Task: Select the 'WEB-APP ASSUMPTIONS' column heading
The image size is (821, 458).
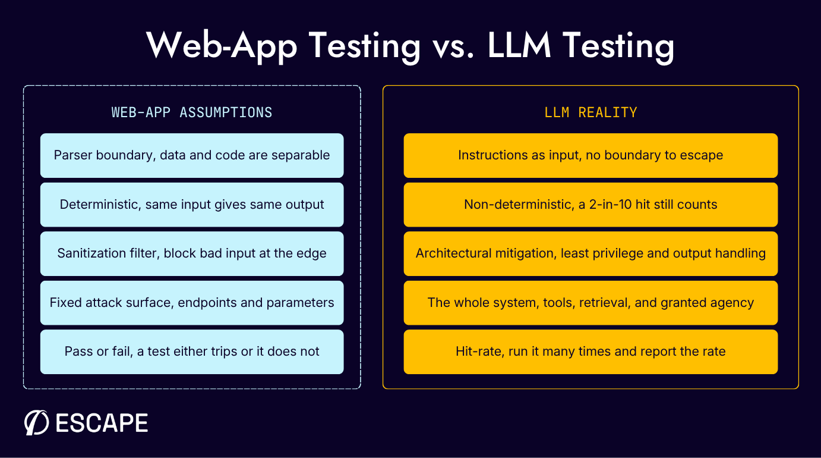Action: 192,112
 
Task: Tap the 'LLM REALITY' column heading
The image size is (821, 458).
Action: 591,112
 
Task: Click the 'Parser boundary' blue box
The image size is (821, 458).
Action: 192,155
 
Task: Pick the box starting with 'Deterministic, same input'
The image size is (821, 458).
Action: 192,205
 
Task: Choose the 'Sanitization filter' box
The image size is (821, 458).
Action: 192,253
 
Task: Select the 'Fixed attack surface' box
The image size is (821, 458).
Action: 192,302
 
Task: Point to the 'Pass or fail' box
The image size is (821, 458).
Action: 192,352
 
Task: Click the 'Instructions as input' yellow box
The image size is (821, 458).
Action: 591,155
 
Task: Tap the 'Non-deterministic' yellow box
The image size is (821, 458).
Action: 591,205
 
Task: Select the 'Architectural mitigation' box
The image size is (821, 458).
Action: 591,253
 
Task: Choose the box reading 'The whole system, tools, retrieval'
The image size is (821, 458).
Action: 591,302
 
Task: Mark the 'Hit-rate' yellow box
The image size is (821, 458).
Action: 591,352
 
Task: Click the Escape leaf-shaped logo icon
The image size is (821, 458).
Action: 36,422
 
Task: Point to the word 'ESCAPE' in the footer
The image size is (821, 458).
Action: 102,423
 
